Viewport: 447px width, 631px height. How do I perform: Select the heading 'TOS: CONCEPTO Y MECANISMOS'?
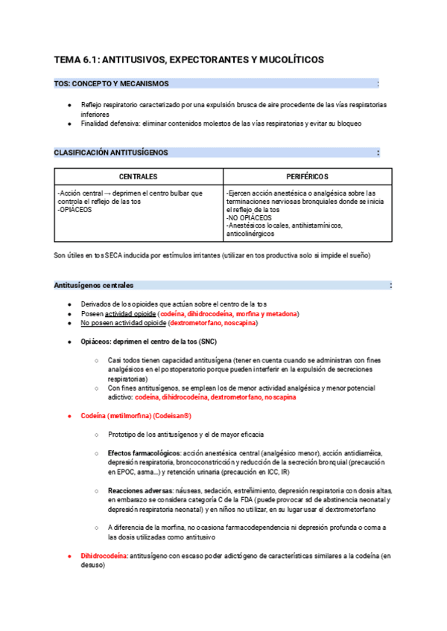click(111, 84)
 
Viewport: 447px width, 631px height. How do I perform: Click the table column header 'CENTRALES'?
click(139, 177)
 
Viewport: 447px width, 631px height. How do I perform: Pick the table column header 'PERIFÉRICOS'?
click(308, 177)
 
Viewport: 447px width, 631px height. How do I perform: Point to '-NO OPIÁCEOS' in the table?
click(248, 218)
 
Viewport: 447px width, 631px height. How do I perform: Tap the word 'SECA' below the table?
click(114, 256)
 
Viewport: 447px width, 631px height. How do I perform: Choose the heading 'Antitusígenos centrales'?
click(94, 285)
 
